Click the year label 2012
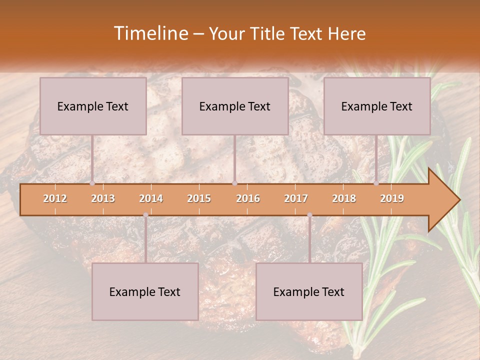click(55, 198)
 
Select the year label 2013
click(103, 198)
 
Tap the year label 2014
click(151, 198)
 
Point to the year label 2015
click(199, 198)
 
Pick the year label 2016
click(248, 198)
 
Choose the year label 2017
click(296, 198)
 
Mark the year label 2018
click(344, 198)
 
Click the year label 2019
click(392, 198)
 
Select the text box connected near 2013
click(93, 106)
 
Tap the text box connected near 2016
click(235, 106)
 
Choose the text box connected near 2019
click(377, 106)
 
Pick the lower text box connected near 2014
click(145, 291)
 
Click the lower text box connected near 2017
click(309, 291)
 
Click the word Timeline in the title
click(150, 33)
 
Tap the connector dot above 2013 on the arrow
click(92, 183)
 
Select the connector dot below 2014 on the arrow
click(145, 215)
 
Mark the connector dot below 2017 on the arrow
click(309, 215)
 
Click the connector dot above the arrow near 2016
click(234, 183)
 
